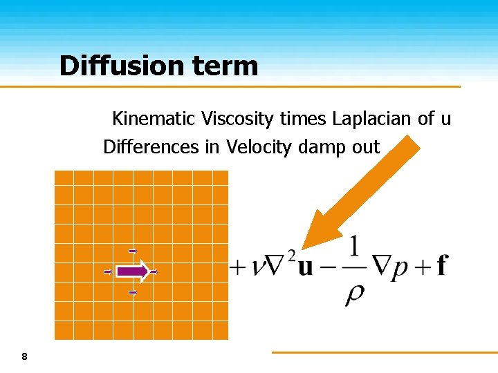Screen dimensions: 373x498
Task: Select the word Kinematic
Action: [154, 119]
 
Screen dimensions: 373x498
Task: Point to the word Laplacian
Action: [372, 119]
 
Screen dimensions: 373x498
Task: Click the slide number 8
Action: [25, 357]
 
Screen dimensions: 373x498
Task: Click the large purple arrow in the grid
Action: [131, 271]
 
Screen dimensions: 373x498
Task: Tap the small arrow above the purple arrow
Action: [132, 251]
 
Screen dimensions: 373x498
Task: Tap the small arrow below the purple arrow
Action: [132, 293]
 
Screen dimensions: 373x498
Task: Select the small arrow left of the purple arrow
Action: [107, 272]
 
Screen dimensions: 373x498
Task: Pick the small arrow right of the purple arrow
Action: [154, 272]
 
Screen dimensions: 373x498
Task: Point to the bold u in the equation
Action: [305, 267]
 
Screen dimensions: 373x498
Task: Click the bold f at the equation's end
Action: [442, 265]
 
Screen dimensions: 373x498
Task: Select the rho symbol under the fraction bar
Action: [353, 294]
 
